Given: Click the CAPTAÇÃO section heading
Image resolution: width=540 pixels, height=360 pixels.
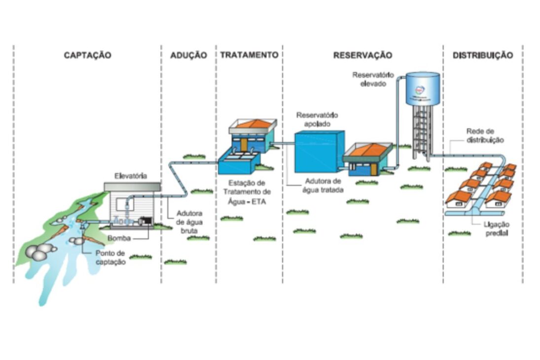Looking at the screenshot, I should click(x=87, y=55).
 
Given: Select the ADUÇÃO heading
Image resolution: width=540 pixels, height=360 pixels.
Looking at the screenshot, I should click(x=188, y=55).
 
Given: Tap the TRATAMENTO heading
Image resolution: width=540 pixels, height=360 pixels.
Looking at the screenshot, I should click(x=249, y=55).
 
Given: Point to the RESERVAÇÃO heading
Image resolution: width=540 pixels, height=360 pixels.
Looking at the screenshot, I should click(x=362, y=55).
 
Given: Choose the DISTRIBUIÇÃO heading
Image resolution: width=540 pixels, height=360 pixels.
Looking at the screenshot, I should click(x=482, y=55).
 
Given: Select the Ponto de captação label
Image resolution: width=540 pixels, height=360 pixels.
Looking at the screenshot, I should click(x=110, y=258).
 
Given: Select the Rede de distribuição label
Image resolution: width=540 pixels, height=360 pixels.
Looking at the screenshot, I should click(x=485, y=136).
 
